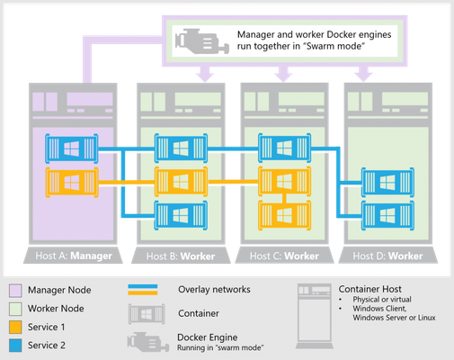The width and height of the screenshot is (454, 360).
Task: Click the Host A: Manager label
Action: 74,256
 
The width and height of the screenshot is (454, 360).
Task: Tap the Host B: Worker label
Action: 181,256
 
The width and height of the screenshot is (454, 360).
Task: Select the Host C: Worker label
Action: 284,256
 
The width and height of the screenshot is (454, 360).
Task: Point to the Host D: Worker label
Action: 387,256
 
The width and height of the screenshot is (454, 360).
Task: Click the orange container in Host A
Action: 72,183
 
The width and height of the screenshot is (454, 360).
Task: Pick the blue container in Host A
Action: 72,148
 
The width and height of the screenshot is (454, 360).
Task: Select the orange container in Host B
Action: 181,182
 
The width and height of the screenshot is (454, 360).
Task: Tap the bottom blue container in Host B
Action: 181,216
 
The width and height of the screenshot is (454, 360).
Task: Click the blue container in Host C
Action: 285,148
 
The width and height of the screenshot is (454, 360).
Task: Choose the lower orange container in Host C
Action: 285,216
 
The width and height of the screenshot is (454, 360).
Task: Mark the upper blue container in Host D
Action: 388,182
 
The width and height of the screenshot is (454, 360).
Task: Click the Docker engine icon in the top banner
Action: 202,41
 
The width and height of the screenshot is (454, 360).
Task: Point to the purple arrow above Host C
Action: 283,74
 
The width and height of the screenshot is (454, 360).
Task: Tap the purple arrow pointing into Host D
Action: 363,74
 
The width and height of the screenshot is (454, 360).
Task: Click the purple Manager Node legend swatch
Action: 15,291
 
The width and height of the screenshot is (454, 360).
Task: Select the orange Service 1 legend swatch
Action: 15,327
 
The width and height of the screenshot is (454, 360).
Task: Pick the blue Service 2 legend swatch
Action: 15,346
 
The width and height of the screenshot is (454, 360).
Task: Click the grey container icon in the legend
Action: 147,314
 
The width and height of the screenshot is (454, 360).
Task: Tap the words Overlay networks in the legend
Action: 214,290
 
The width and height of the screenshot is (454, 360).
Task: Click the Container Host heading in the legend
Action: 370,289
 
